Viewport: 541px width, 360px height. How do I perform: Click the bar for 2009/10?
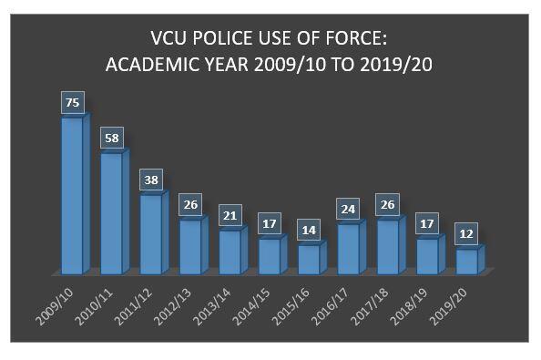[x=71, y=195]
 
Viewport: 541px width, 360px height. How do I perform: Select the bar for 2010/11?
[x=111, y=213]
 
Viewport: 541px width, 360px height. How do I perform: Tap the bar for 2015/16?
[x=309, y=259]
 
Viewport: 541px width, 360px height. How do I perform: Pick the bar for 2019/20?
[x=466, y=262]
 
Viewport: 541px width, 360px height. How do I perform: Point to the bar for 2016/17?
[x=348, y=248]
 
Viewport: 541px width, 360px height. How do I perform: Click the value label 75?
[x=72, y=102]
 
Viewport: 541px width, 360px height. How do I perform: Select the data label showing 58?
[x=111, y=138]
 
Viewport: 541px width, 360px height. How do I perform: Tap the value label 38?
[x=152, y=180]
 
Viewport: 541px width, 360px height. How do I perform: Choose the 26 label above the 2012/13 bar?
[x=191, y=205]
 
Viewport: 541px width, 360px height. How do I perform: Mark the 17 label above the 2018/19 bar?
[x=428, y=223]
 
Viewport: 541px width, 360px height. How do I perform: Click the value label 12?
[x=467, y=233]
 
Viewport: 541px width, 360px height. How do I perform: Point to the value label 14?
[x=310, y=230]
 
